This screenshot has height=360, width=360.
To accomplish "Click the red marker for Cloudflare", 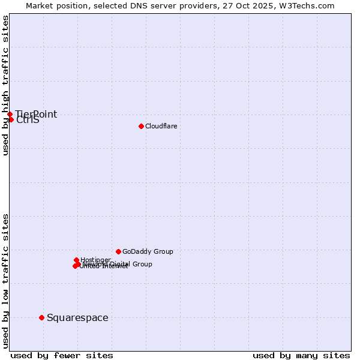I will click(141, 126).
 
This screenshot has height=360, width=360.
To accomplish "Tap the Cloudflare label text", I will click(161, 126).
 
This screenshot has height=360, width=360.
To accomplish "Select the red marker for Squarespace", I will click(41, 317).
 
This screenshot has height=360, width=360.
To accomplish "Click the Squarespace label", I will click(77, 317).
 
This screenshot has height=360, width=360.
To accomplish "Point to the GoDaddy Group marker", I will click(118, 251).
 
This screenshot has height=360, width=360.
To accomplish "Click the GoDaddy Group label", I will click(148, 251).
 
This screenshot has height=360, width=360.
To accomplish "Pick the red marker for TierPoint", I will click(10, 114).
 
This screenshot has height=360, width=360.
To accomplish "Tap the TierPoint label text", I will click(36, 114).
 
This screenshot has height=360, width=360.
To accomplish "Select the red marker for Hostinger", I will click(76, 260).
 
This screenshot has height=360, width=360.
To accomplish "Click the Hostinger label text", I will click(95, 260).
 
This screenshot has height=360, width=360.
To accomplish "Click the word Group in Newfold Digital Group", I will click(142, 264).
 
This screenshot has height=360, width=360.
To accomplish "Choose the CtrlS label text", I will click(28, 120).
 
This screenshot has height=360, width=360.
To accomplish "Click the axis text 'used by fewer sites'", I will click(62, 355).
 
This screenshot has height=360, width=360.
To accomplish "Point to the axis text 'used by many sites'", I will click(301, 355).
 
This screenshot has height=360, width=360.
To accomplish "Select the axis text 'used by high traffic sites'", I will click(6, 85).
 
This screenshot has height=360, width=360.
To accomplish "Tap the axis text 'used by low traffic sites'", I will click(6, 280).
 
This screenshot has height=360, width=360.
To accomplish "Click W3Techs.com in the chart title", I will click(310, 5).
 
